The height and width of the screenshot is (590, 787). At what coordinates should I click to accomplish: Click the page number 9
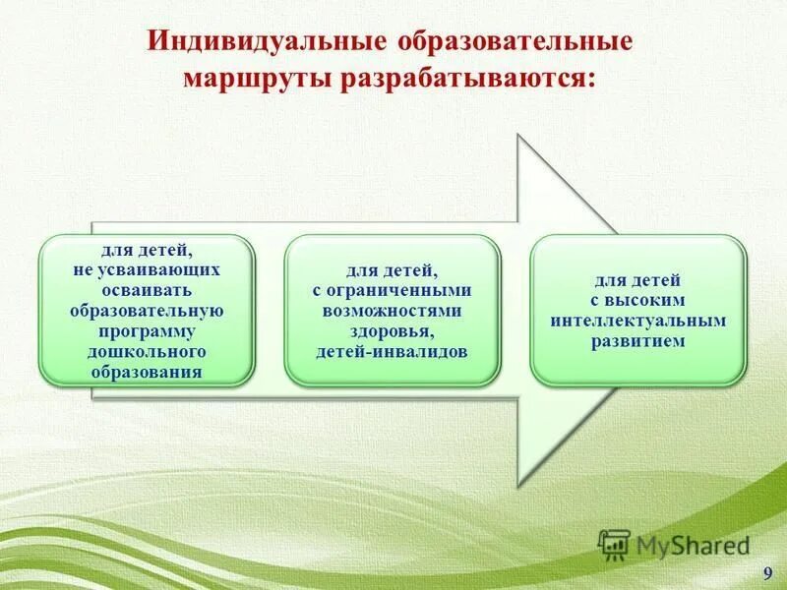[767, 573]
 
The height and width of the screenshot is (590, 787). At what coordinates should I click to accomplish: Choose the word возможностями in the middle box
[393, 309]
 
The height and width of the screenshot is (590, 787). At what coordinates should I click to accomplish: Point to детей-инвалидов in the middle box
[393, 351]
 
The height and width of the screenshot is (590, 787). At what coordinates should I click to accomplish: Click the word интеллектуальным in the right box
[638, 321]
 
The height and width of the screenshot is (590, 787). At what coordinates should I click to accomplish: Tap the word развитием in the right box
[638, 341]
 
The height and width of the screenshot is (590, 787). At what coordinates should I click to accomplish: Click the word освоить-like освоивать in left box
[146, 292]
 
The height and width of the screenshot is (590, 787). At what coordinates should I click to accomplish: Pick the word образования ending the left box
[146, 373]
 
